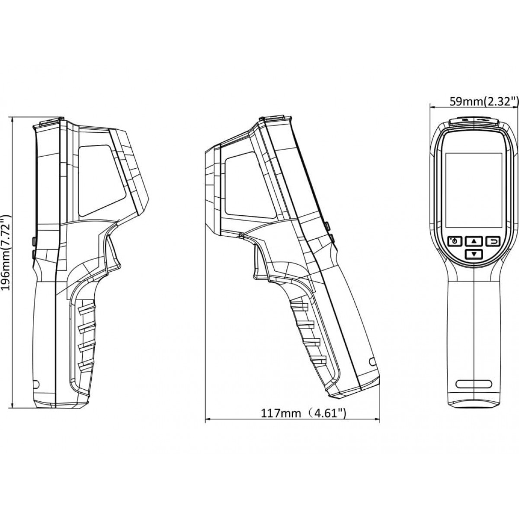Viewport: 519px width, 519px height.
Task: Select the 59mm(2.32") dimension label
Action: tap(484, 102)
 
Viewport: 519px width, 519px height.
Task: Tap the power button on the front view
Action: tap(455, 241)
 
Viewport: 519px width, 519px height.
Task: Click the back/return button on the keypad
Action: tap(493, 241)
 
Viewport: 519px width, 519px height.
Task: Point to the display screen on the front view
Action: tap(474, 190)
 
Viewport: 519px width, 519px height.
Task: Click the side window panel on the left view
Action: tap(103, 180)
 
